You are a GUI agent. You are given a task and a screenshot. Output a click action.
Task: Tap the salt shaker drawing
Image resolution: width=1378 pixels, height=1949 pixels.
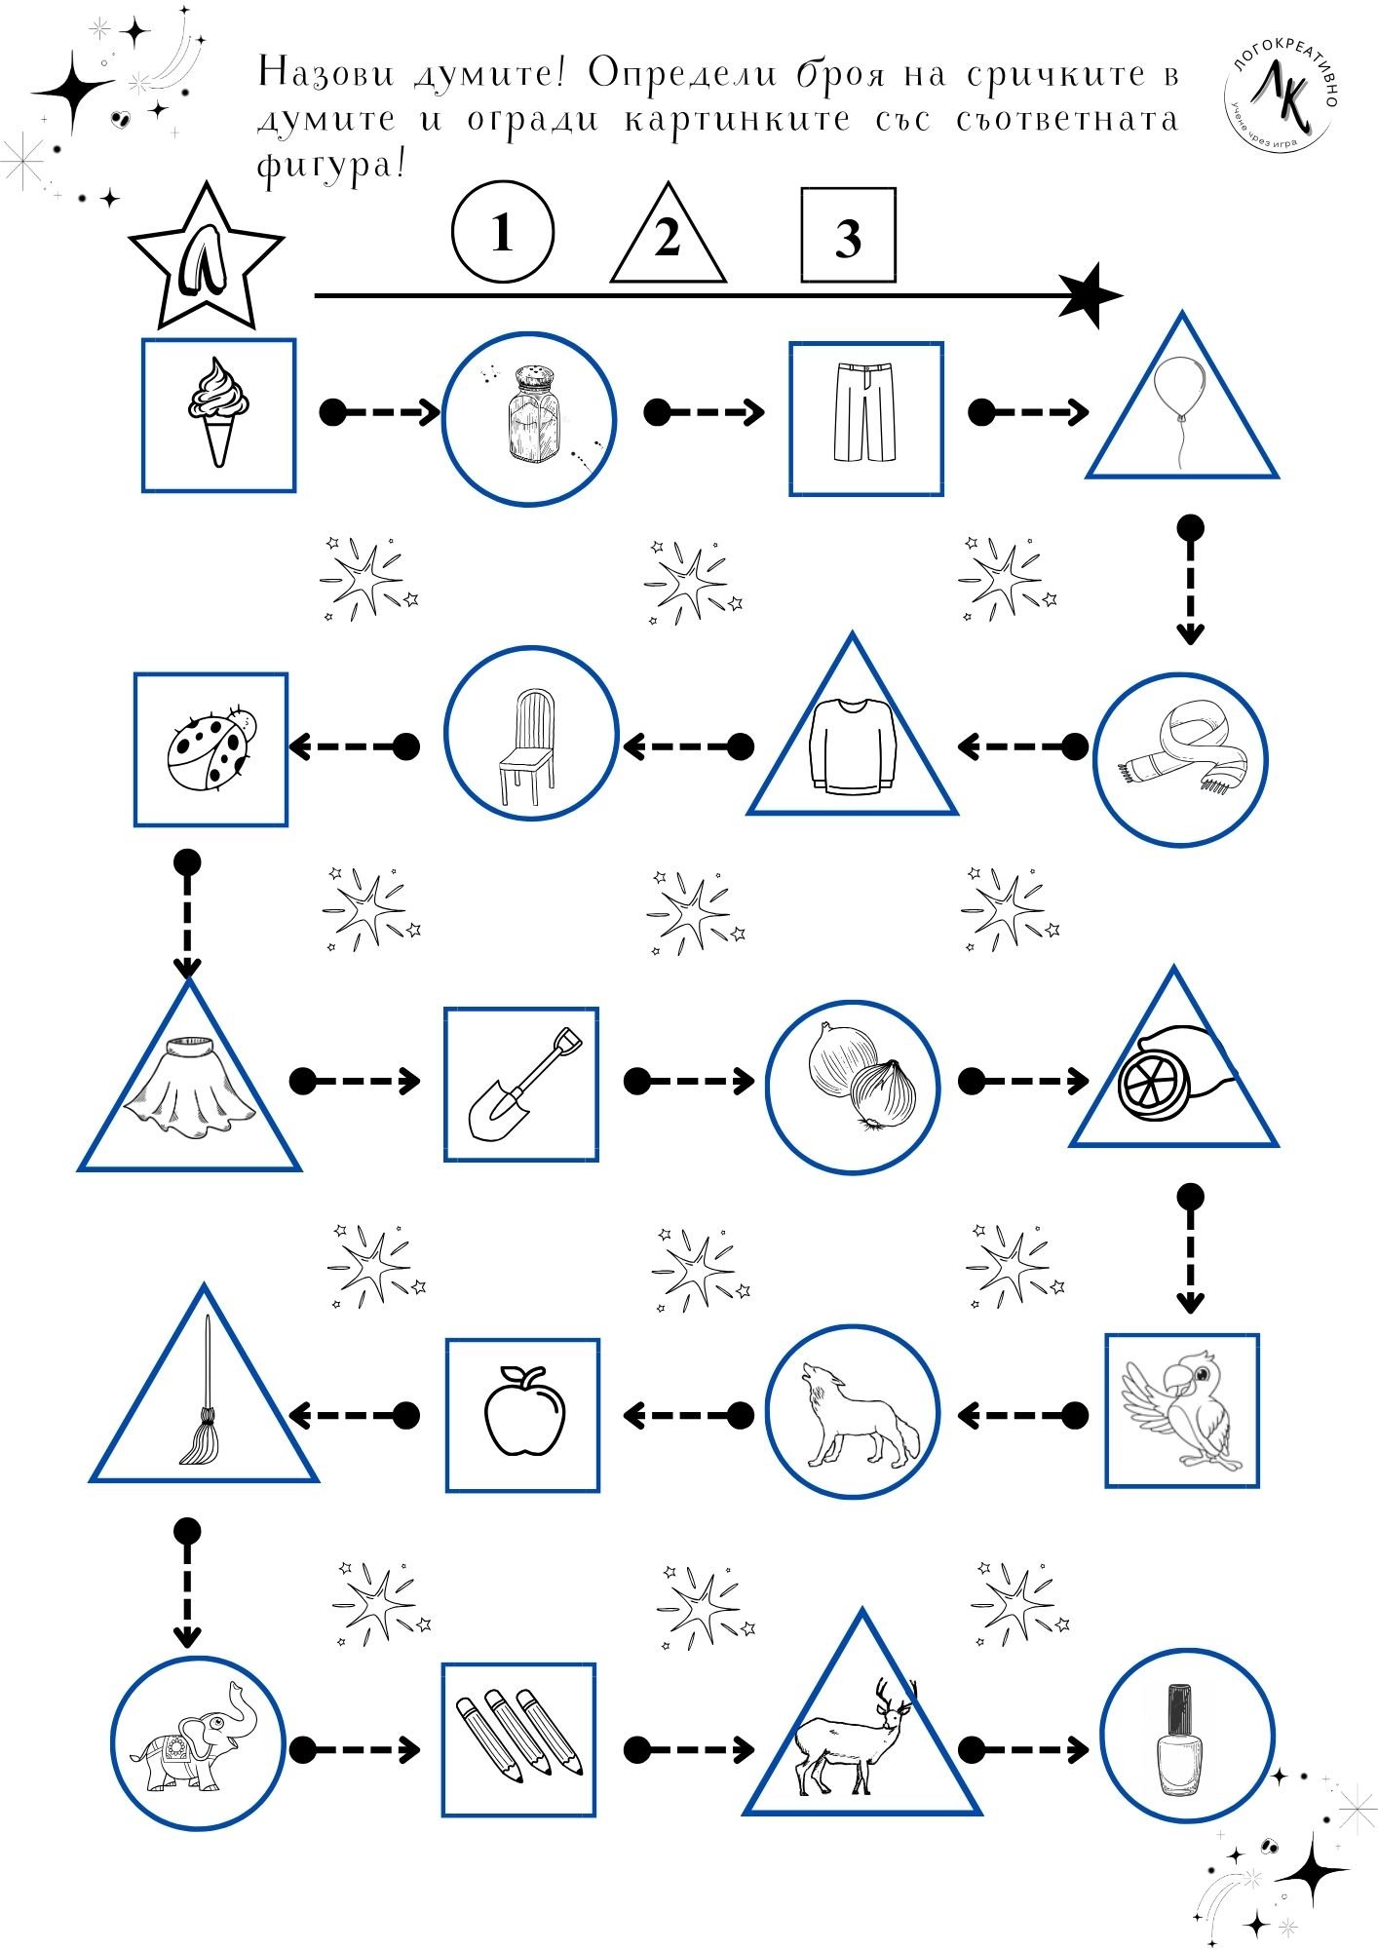[x=529, y=416]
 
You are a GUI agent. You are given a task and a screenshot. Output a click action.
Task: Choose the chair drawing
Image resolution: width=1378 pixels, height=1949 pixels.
[x=527, y=746]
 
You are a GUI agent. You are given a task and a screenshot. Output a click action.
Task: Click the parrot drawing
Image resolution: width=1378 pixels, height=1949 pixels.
[x=1181, y=1409]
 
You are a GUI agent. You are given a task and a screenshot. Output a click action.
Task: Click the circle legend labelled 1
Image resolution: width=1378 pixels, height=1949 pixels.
[x=503, y=234]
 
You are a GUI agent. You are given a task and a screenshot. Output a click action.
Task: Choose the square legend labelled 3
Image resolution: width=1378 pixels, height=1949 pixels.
[x=848, y=236]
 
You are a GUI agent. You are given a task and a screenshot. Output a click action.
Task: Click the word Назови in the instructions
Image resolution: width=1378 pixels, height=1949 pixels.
[x=322, y=74]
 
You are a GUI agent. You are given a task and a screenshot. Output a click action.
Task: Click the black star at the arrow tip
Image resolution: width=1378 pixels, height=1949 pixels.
[x=1091, y=295]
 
